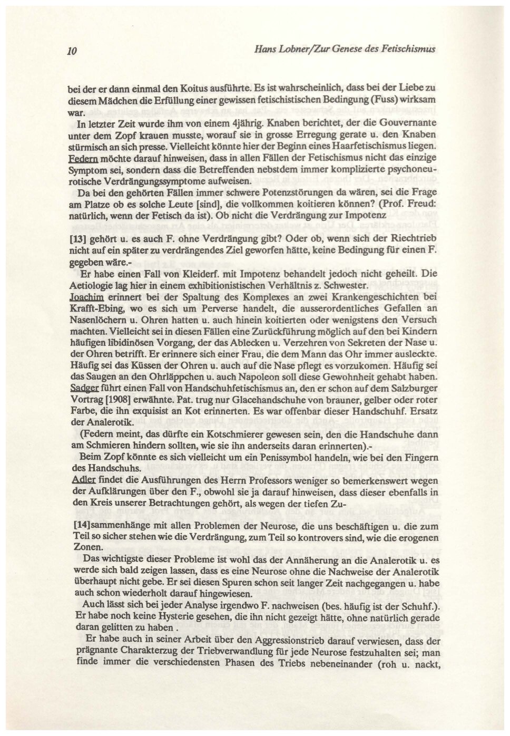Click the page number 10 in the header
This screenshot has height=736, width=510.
pos(73,51)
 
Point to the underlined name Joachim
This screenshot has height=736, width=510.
pos(83,297)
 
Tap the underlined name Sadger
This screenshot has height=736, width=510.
pos(82,386)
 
